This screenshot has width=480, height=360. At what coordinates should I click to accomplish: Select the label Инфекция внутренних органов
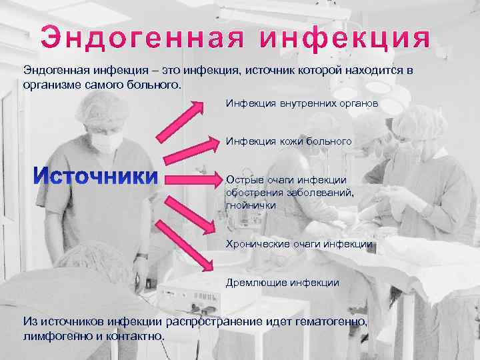(302, 104)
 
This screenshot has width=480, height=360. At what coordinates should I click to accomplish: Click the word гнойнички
(251, 206)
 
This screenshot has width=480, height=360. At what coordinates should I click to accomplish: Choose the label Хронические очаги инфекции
(299, 244)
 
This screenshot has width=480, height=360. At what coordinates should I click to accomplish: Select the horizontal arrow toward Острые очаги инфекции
(193, 178)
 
